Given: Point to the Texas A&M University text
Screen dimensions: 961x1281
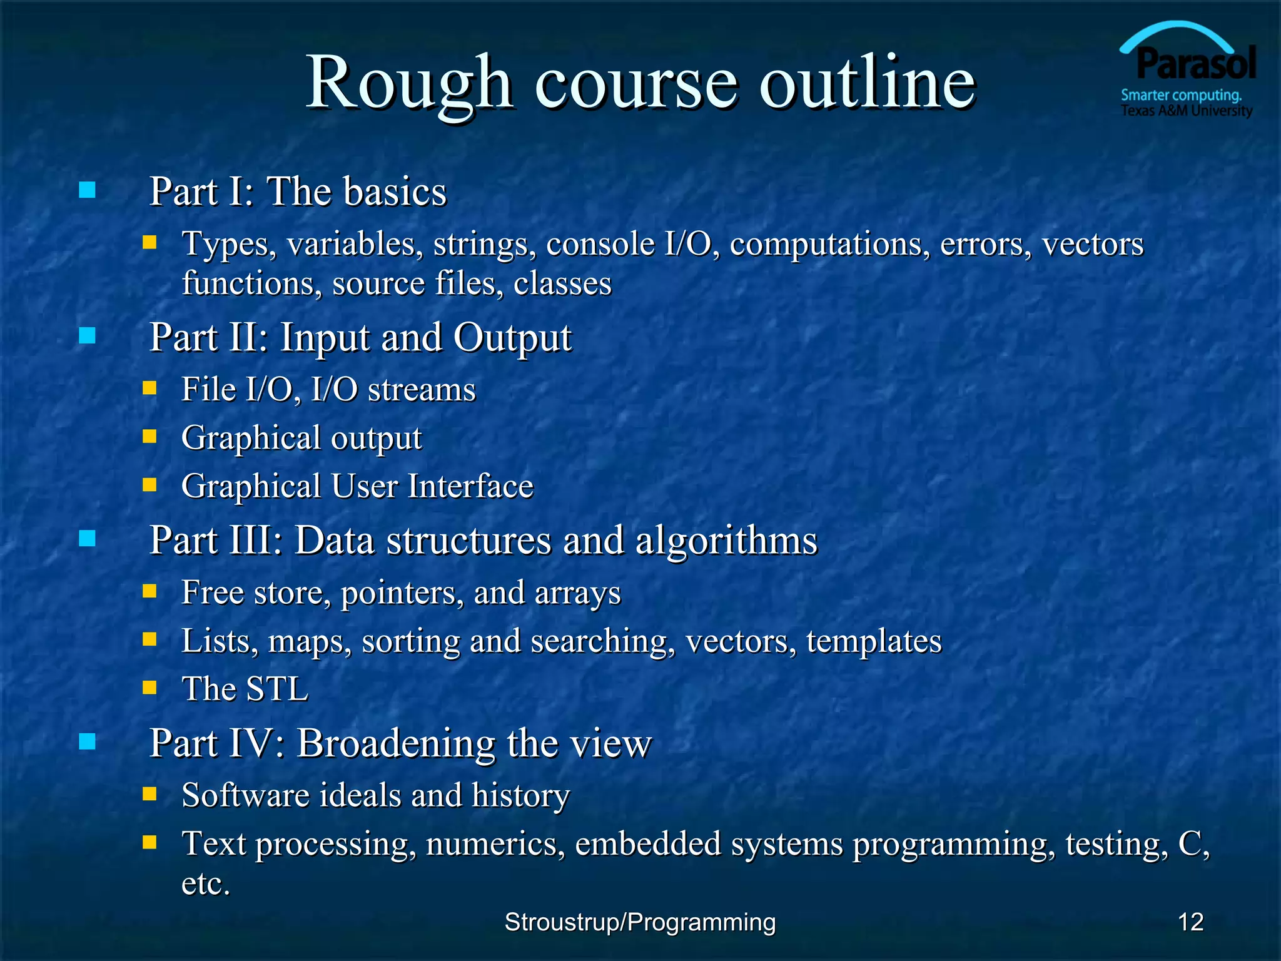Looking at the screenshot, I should pyautogui.click(x=1187, y=111).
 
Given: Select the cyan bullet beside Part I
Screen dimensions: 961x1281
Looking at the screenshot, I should pyautogui.click(x=88, y=190).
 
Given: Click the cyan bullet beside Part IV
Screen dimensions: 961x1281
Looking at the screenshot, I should pyautogui.click(x=88, y=742).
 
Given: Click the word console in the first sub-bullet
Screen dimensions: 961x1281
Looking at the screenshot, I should pyautogui.click(x=600, y=243).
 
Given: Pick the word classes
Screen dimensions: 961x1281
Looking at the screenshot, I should pyautogui.click(x=562, y=283).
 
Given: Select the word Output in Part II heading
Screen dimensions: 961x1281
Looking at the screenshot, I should pyautogui.click(x=512, y=338).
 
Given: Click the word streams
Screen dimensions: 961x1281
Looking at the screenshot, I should pyautogui.click(x=422, y=390).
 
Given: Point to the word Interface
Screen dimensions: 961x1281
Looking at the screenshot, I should pyautogui.click(x=470, y=486).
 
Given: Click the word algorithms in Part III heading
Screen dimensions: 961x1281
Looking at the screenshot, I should pyautogui.click(x=726, y=541).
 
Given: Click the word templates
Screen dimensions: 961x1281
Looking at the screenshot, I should pyautogui.click(x=874, y=641).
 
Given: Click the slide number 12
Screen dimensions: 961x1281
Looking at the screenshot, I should pyautogui.click(x=1190, y=922).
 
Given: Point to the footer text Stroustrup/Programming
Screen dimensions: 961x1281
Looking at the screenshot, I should pyautogui.click(x=640, y=922).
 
